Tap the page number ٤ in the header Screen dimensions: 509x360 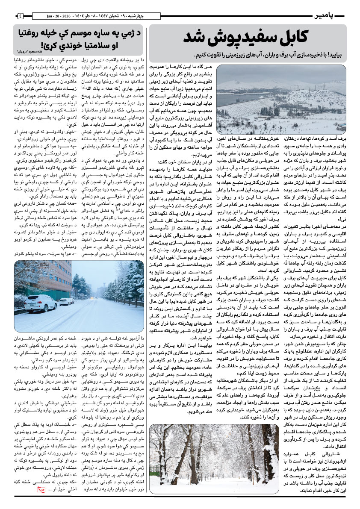[x=20, y=17]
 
